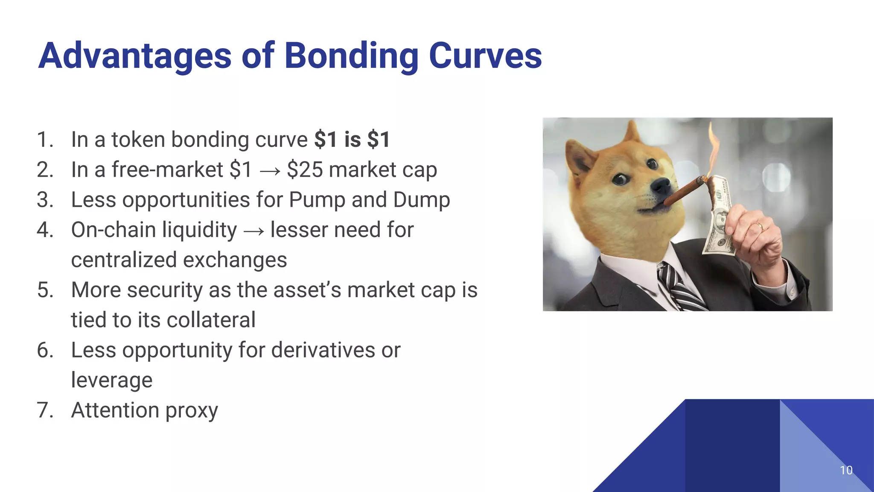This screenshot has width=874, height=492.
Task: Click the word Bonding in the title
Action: pos(351,56)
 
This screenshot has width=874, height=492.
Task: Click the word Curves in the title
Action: pos(485,56)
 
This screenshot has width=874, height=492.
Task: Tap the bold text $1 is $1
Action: pos(352,140)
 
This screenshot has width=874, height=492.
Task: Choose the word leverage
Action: pos(112,380)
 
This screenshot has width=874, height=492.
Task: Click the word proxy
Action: pos(192,411)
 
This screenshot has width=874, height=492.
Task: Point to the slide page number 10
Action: pos(846,470)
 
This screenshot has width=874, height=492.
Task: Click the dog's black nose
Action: pos(662,185)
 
